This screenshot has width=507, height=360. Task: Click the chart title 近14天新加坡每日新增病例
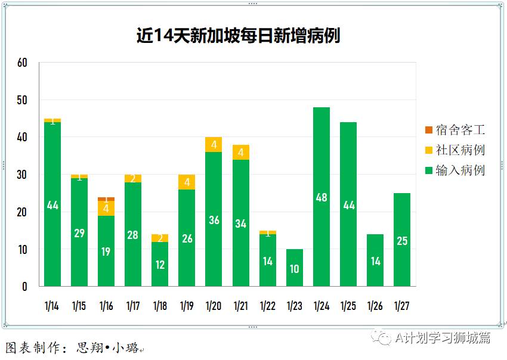click(x=238, y=36)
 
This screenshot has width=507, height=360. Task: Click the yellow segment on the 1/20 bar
click(x=214, y=145)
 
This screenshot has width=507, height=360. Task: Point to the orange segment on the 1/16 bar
click(x=106, y=199)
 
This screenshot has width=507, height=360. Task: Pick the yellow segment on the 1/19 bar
click(x=187, y=182)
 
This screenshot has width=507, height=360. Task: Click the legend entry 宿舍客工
click(x=455, y=130)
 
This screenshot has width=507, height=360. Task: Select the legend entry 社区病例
click(x=455, y=150)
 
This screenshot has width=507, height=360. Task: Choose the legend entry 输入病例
click(x=455, y=170)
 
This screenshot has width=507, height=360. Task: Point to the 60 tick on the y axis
click(x=23, y=63)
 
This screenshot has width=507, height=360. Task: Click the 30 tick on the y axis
click(x=23, y=175)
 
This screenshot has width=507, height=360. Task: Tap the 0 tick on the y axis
click(x=25, y=287)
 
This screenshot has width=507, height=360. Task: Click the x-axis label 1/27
click(x=402, y=306)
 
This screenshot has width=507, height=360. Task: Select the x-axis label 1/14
click(x=52, y=306)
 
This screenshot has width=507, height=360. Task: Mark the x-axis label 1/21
click(x=240, y=306)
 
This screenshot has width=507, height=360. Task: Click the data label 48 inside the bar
click(x=321, y=197)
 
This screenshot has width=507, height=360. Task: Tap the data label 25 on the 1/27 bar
click(x=402, y=241)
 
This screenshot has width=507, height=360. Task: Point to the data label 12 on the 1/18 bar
click(x=160, y=265)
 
